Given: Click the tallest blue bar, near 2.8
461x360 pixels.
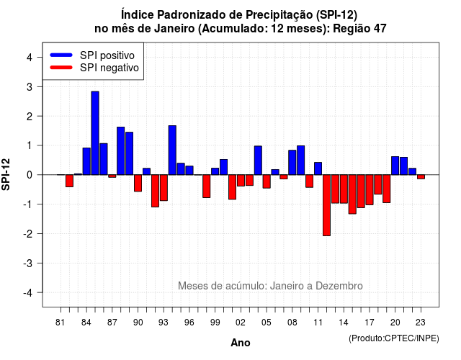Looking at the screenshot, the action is [95, 133].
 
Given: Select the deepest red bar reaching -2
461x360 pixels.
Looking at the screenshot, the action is [326, 205].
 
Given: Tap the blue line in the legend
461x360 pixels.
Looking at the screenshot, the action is [61, 55].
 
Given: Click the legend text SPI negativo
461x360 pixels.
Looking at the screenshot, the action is [109, 68].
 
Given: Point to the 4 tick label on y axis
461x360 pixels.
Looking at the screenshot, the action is [30, 58].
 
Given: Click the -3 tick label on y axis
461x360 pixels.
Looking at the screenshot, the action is [27, 263].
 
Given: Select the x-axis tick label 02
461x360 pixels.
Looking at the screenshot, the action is [241, 323].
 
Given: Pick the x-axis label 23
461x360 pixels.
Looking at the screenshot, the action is [421, 323].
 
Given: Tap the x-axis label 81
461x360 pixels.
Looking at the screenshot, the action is [61, 323].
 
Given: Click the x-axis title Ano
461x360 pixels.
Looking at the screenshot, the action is [241, 343].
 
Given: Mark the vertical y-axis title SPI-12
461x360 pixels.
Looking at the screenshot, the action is [6, 174].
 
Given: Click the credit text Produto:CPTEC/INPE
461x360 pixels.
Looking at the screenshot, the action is [394, 338].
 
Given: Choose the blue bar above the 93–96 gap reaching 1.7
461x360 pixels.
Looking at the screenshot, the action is [172, 150].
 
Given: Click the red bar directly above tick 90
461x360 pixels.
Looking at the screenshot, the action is [138, 183].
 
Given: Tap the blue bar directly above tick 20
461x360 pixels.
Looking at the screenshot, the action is [395, 166].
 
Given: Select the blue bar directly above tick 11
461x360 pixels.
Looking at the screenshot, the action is [318, 168].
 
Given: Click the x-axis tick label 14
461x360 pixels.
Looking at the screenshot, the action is [343, 323].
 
